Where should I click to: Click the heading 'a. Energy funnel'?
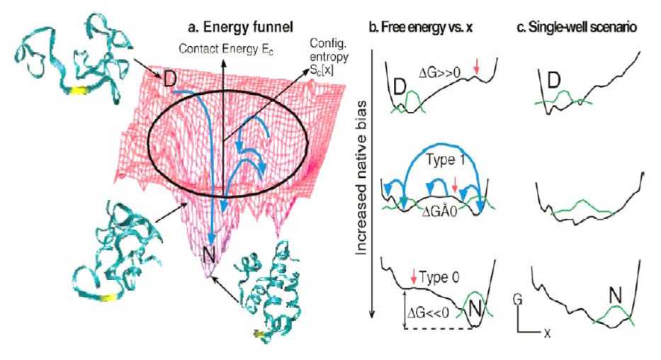pos(230,28)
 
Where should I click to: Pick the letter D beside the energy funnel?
pos(170,77)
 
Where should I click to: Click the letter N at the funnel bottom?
pos(210,265)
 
